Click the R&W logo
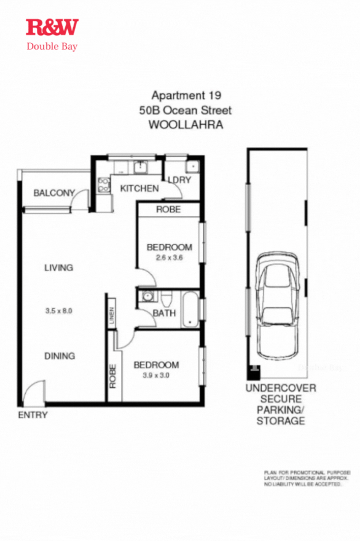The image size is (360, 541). [52, 27]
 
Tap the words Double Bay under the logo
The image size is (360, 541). [52, 46]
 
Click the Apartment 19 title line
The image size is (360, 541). [186, 95]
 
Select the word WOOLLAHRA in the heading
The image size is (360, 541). [186, 125]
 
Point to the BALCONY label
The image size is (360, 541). [54, 193]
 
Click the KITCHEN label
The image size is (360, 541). [139, 188]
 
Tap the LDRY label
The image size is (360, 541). [179, 180]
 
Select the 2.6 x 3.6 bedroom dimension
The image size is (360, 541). [169, 258]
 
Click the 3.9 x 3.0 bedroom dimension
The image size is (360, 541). [156, 375]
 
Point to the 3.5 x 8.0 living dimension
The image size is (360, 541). [59, 311]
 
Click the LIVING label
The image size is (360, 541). [58, 267]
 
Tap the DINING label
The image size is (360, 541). [59, 355]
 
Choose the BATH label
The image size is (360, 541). [164, 313]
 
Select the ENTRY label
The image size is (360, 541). [33, 415]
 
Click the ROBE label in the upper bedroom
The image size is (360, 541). [168, 209]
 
